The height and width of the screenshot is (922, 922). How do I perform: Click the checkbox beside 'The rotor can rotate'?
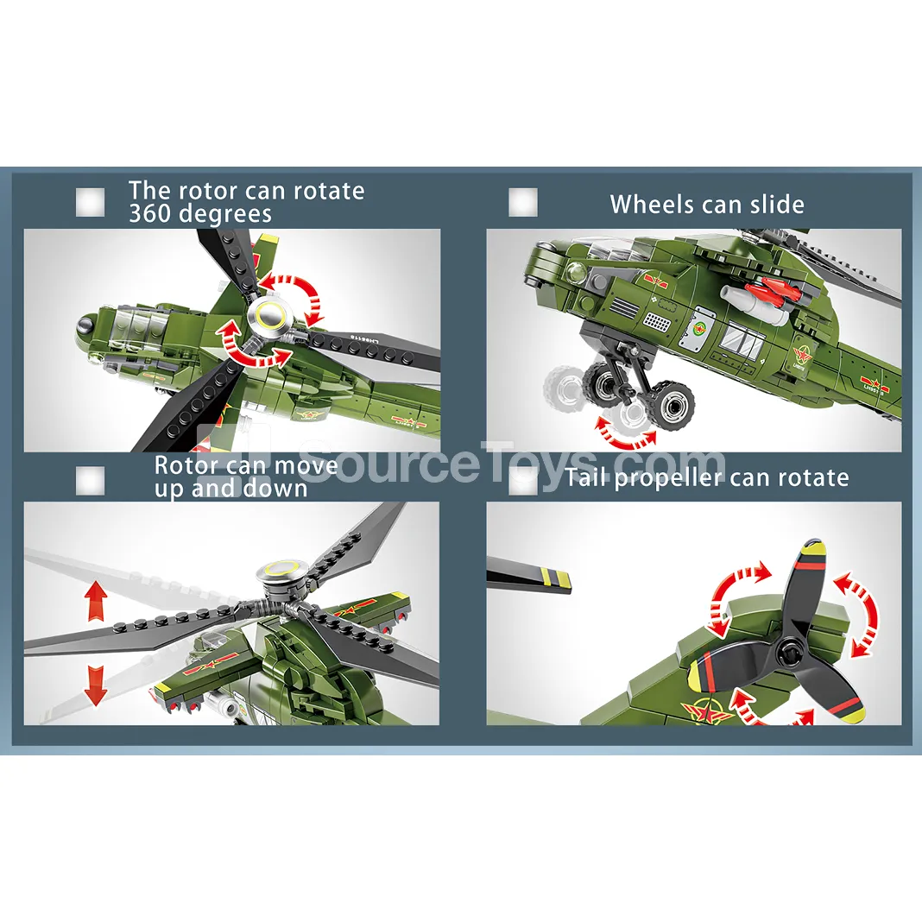(x=91, y=202)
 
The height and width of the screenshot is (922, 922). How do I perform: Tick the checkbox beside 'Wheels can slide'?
(x=523, y=202)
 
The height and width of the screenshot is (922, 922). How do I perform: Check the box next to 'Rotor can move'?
(x=91, y=481)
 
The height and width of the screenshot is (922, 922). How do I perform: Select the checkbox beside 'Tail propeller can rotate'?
(x=523, y=481)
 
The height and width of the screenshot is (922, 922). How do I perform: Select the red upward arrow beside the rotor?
(x=95, y=600)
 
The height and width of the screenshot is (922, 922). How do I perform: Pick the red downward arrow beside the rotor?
(x=95, y=686)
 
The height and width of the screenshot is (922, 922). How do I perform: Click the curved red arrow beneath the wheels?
(x=626, y=436)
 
